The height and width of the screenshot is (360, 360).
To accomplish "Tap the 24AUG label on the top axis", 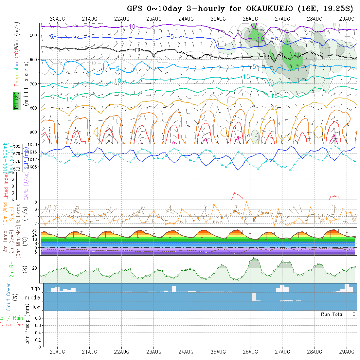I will point(186,19).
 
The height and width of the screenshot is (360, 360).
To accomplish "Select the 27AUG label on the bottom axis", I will point(282,352).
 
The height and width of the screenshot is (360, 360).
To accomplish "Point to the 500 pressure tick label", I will point(35,35).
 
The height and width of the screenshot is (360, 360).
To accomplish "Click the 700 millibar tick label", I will point(35,84).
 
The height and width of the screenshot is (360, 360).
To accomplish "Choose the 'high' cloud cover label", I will point(35,288).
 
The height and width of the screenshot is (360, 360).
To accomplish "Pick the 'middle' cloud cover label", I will point(33,298).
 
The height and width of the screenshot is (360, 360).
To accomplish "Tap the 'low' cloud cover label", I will point(36,307).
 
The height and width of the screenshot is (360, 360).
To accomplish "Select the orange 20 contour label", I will point(275,108).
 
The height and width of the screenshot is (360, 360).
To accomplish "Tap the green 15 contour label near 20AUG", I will point(69,99).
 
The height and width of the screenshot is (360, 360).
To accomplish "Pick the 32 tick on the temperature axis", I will point(35,230).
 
